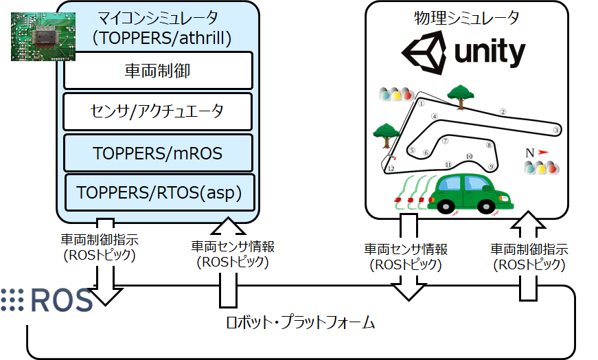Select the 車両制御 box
(x=159, y=70)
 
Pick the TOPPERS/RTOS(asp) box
(x=159, y=192)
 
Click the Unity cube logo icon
(x=423, y=53)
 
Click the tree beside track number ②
(x=459, y=97)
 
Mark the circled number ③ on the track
(x=557, y=128)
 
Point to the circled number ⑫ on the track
(x=391, y=168)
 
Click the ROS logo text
(x=48, y=300)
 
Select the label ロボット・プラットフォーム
(x=301, y=322)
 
